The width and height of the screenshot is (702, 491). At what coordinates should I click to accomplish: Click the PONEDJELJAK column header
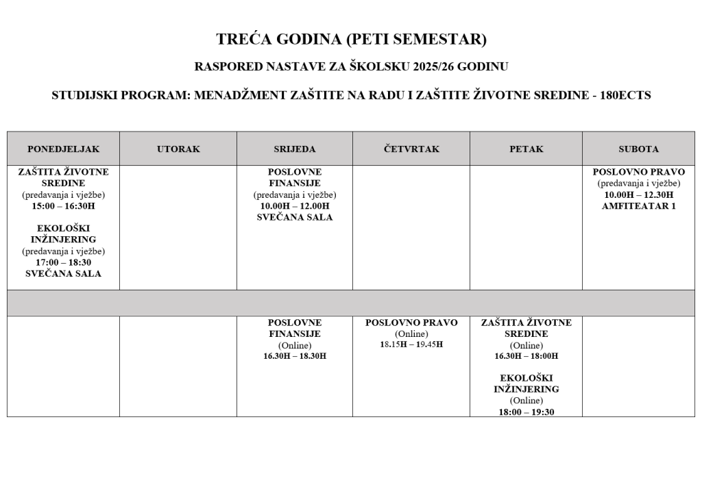click(63, 149)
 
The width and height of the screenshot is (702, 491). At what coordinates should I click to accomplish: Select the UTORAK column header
click(178, 149)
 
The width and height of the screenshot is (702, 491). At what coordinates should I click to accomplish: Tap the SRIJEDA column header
click(295, 149)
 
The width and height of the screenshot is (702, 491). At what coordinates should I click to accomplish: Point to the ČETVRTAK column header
click(411, 149)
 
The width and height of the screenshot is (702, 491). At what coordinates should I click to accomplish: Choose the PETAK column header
click(526, 149)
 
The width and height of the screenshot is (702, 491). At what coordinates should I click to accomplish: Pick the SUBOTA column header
click(638, 149)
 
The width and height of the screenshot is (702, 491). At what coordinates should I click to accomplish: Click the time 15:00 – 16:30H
click(63, 205)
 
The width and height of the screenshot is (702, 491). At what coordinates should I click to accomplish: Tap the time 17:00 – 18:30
click(63, 262)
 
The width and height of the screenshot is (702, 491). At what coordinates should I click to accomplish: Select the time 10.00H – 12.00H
click(295, 205)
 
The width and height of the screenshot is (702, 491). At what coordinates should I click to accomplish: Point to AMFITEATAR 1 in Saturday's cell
click(638, 205)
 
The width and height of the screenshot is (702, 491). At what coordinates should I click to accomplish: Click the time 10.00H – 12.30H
click(638, 194)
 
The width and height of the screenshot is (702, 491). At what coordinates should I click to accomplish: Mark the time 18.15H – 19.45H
click(411, 344)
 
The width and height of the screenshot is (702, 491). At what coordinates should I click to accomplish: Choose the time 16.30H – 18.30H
click(295, 356)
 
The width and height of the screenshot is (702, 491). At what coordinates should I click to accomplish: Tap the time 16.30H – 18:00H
click(526, 356)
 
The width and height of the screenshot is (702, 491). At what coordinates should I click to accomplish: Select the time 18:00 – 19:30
click(526, 412)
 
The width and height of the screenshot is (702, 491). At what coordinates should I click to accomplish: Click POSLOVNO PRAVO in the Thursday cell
click(411, 323)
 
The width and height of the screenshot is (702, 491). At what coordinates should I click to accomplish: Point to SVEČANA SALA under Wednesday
click(295, 217)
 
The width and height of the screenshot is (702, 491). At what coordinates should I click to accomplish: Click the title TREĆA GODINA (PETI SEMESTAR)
click(351, 40)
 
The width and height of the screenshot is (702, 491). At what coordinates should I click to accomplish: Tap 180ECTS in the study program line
click(625, 96)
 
